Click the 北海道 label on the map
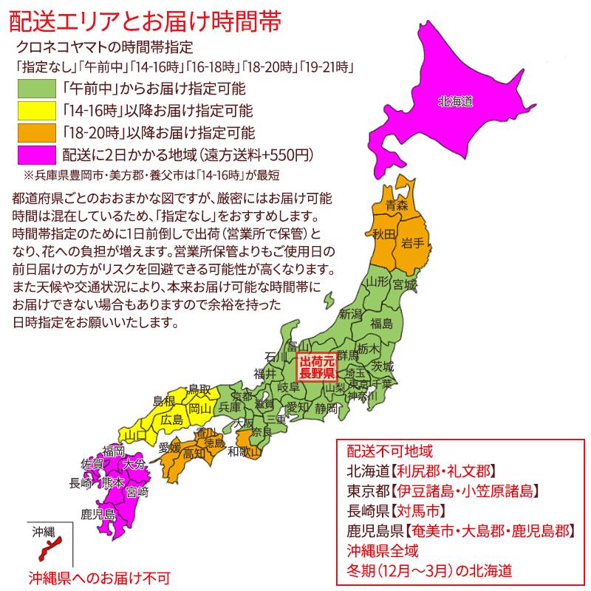[x=454, y=101]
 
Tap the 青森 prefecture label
[x=397, y=206]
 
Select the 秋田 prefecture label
[x=383, y=235]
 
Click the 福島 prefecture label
[x=381, y=322]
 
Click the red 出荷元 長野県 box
[x=316, y=368]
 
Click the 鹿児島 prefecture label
[x=98, y=513]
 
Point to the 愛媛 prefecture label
[x=169, y=447]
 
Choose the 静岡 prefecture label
[x=326, y=408]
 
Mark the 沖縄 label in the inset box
[x=44, y=531]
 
